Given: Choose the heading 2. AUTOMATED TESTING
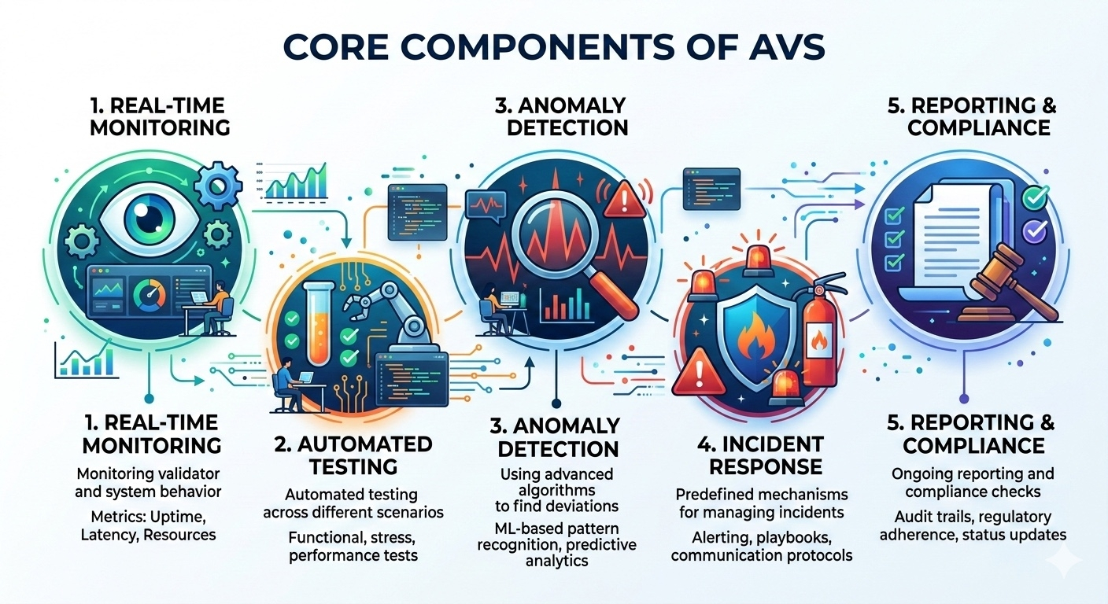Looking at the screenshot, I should click(x=353, y=455).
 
